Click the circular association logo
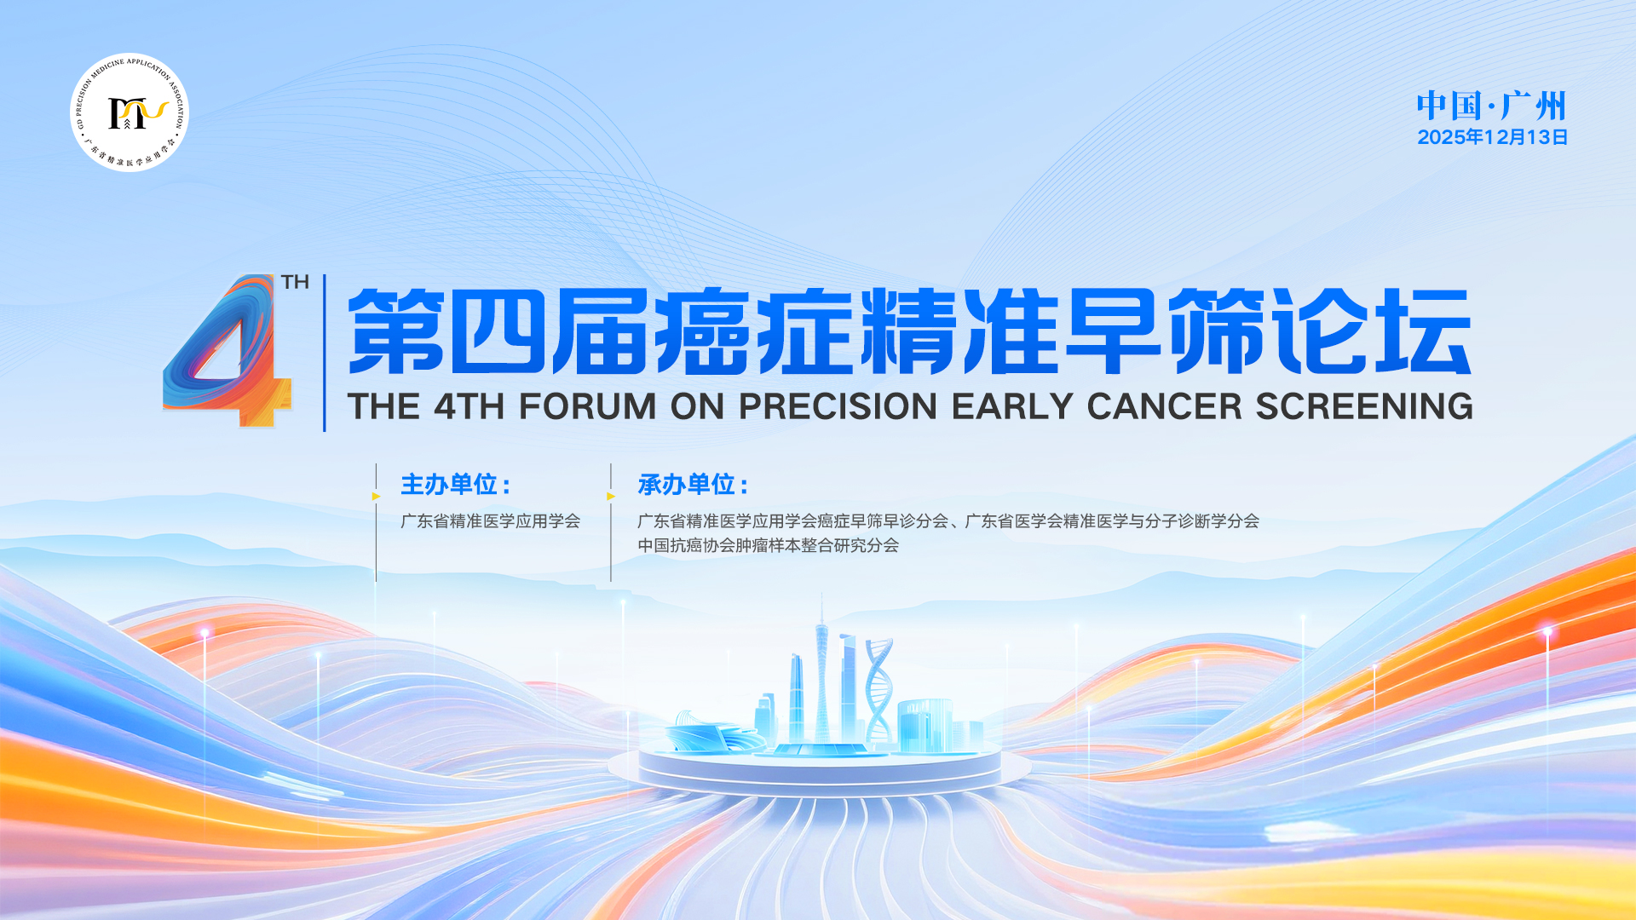(x=130, y=112)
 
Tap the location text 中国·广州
(x=1491, y=106)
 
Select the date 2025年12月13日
(x=1492, y=137)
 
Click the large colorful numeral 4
(x=228, y=350)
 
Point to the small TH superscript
(x=295, y=282)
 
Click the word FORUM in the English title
(x=587, y=406)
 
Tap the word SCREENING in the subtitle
(x=1364, y=406)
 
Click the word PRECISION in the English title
(x=838, y=406)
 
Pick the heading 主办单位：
(x=456, y=485)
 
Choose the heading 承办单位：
(x=693, y=485)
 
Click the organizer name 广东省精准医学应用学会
(x=490, y=521)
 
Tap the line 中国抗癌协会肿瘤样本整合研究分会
(x=768, y=545)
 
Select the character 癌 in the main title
(x=703, y=331)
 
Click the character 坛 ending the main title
(x=1423, y=331)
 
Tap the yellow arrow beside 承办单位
(x=611, y=496)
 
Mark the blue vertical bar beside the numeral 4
(x=324, y=353)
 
